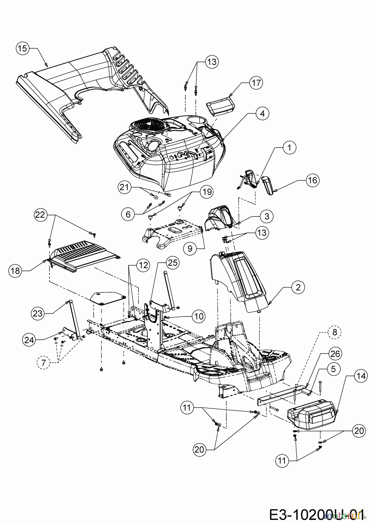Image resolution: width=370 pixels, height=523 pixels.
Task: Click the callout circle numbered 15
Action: [x=23, y=49]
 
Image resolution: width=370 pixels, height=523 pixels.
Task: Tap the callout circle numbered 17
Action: [x=256, y=83]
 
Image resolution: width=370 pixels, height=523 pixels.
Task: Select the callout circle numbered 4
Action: [x=262, y=114]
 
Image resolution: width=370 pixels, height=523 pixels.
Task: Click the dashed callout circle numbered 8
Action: [x=334, y=332]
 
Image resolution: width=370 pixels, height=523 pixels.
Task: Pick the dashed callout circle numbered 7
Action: [x=43, y=363]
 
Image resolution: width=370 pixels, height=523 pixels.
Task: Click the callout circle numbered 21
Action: [x=125, y=188]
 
